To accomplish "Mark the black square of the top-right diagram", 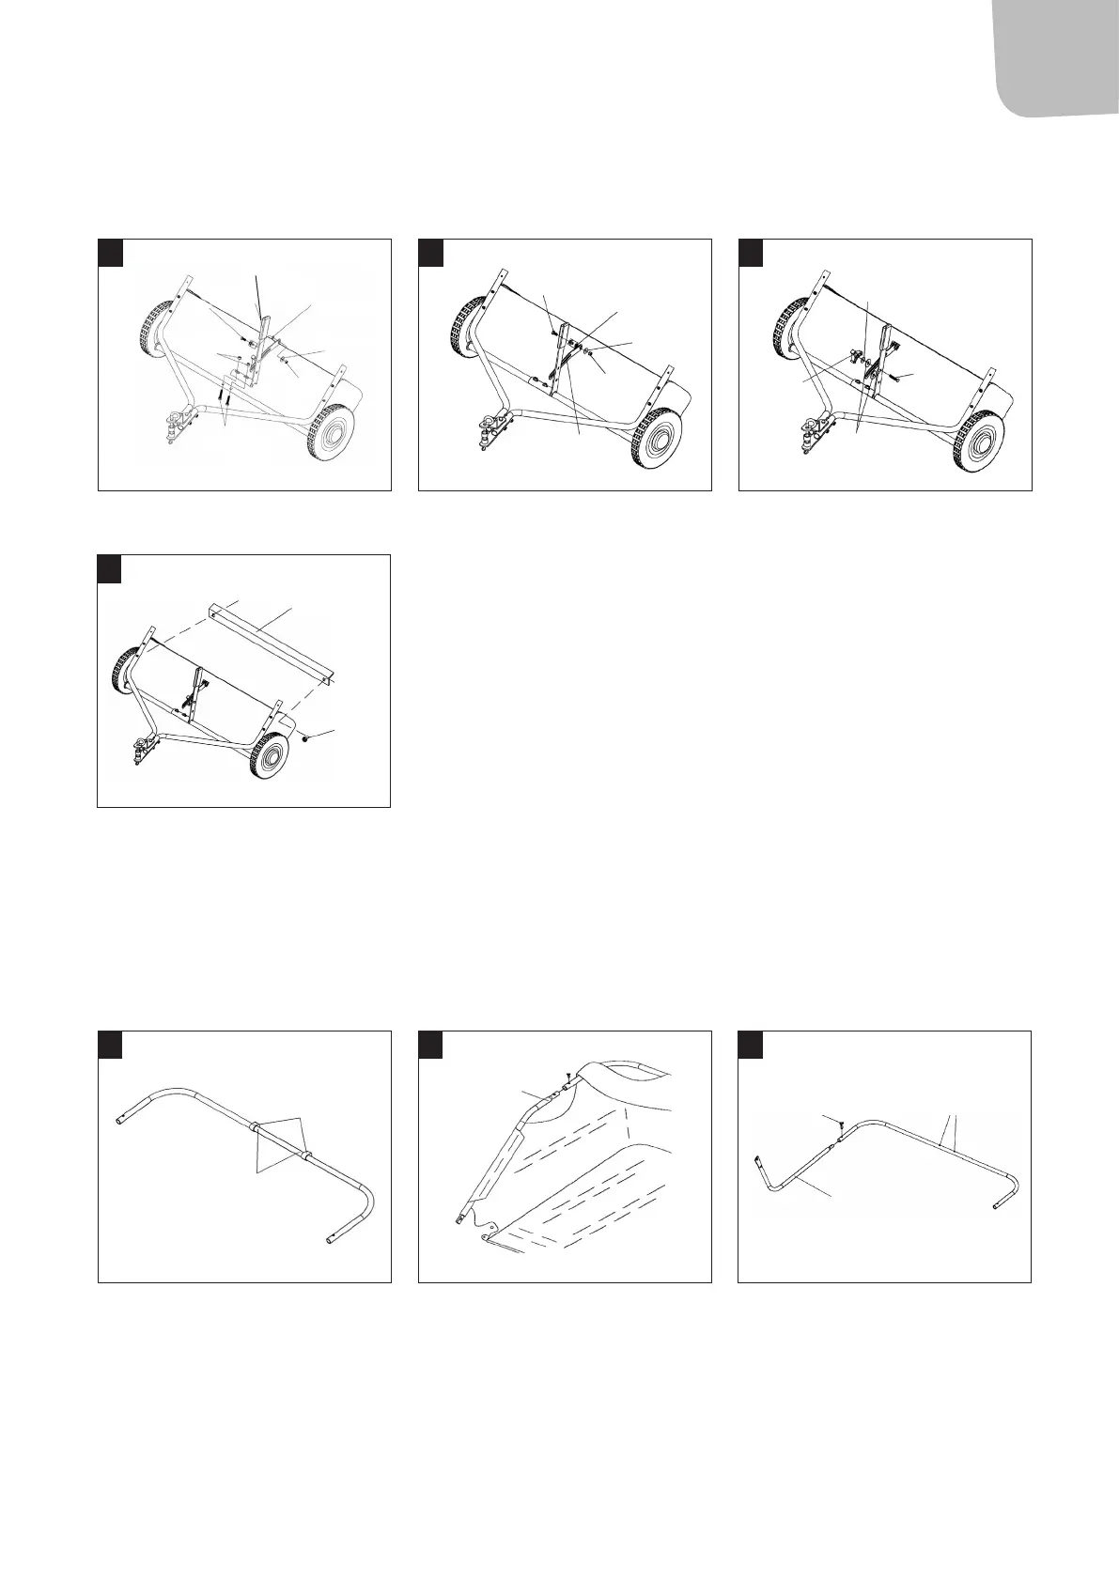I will pos(752,252).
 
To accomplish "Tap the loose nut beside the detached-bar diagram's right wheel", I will pos(307,739).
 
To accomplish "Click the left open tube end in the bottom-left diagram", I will pos(120,1123).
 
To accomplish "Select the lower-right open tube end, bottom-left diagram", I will pos(329,1243).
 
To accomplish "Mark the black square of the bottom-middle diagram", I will pos(431,1045).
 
